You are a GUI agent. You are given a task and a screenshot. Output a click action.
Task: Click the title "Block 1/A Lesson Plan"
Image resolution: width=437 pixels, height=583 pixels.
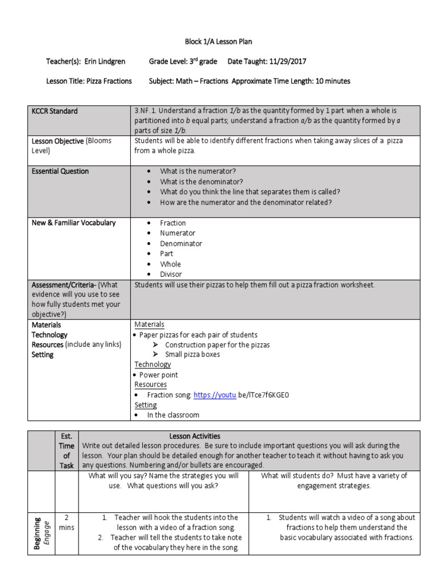[x=218, y=42]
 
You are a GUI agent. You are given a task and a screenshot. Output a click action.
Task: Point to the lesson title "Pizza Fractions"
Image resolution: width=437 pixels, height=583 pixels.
[x=109, y=81]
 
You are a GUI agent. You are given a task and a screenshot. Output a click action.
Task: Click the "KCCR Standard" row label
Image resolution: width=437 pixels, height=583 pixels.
[x=55, y=111]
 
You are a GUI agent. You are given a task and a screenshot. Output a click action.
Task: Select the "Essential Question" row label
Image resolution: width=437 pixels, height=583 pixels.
[x=60, y=171]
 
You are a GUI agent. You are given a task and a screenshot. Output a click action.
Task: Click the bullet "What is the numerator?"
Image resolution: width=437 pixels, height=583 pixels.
[x=193, y=171]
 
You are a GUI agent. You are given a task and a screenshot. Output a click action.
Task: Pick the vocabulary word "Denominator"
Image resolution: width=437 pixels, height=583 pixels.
[x=181, y=244]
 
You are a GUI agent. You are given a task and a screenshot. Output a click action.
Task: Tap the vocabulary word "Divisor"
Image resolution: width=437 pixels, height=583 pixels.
[x=172, y=274]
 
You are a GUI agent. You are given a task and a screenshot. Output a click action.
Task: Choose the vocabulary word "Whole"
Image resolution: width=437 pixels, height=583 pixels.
[x=170, y=264]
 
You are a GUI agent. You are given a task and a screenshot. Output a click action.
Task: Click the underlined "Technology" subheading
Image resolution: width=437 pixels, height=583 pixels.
[x=152, y=364]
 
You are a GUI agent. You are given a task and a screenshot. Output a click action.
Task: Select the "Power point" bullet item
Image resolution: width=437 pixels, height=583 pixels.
[x=158, y=375]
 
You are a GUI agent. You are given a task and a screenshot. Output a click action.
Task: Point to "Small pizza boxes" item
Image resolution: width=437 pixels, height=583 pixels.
[x=192, y=355]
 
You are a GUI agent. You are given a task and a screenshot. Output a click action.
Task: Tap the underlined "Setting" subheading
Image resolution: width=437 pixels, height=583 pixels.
[x=146, y=405]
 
